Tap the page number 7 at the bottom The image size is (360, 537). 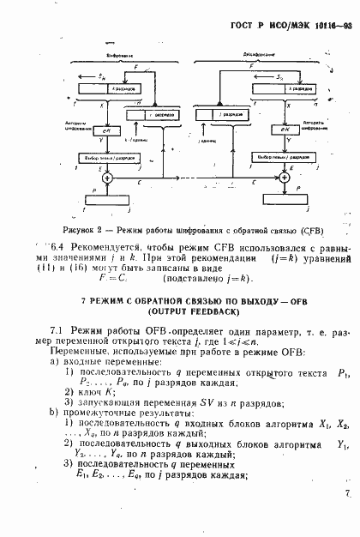(x=346, y=518)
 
